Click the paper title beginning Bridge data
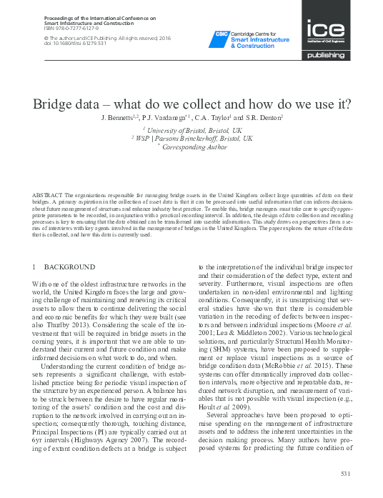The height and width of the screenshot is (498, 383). [191, 103]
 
